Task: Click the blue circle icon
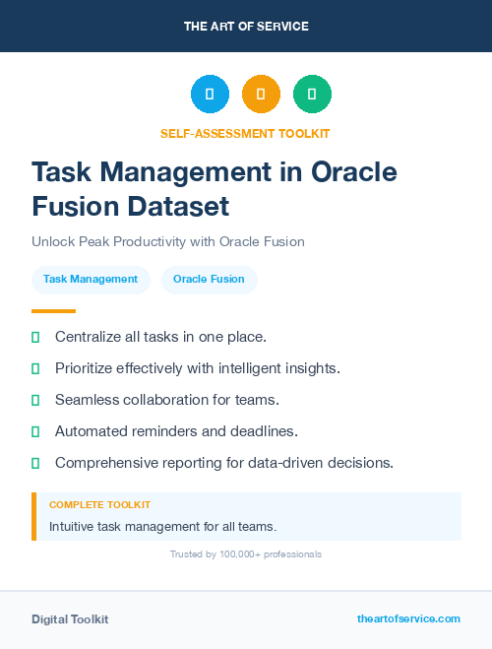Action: tap(210, 95)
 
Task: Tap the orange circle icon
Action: tap(261, 95)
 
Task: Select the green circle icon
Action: tap(312, 95)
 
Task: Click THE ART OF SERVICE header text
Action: tap(246, 27)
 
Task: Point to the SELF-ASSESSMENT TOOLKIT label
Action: tap(245, 133)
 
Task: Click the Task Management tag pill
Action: tap(91, 280)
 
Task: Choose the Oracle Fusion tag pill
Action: tap(209, 280)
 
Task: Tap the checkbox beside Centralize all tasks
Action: tap(35, 338)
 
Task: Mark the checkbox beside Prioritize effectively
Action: tap(35, 369)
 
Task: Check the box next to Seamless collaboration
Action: tap(35, 401)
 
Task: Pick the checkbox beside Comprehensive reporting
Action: tap(35, 463)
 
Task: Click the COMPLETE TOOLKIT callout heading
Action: tap(99, 505)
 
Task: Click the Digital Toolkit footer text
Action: tap(70, 619)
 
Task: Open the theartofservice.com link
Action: tap(408, 618)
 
